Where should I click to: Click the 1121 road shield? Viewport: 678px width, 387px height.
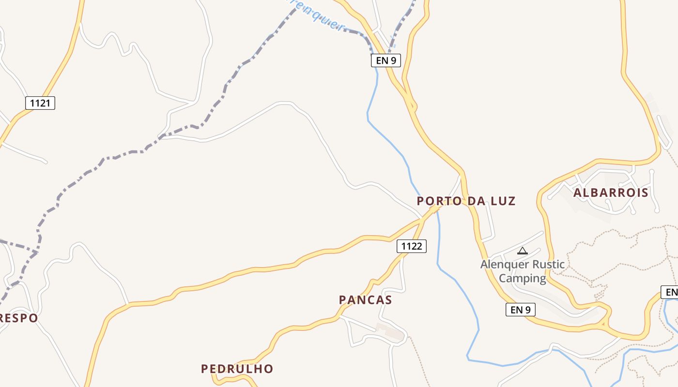[40, 103]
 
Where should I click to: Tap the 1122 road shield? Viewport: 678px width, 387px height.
[412, 246]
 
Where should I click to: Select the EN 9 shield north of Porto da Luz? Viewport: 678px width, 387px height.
[386, 60]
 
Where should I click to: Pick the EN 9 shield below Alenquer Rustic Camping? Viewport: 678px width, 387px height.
[521, 310]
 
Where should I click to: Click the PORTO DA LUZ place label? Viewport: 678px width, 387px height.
[466, 201]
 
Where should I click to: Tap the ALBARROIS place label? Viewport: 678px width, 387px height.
[611, 193]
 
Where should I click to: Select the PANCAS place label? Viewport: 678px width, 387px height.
[365, 300]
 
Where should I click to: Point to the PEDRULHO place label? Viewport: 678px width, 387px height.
[237, 369]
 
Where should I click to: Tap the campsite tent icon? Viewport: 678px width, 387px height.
[522, 251]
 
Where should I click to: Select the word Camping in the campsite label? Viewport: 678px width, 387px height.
[523, 278]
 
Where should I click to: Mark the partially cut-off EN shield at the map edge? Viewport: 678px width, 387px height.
[670, 292]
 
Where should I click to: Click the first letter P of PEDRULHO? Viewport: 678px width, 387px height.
[205, 369]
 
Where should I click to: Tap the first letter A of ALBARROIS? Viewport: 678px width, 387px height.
[578, 193]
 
